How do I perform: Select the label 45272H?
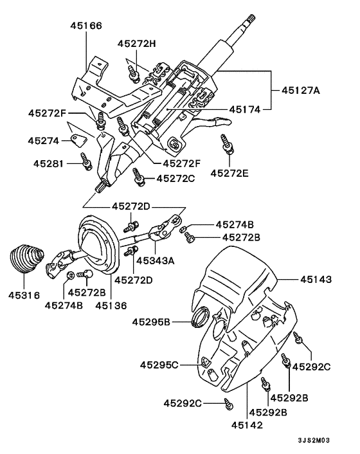pos(137,44)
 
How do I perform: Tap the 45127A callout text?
pos(300,91)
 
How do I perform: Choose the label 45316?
pos(24,295)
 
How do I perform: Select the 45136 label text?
pos(111,305)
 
